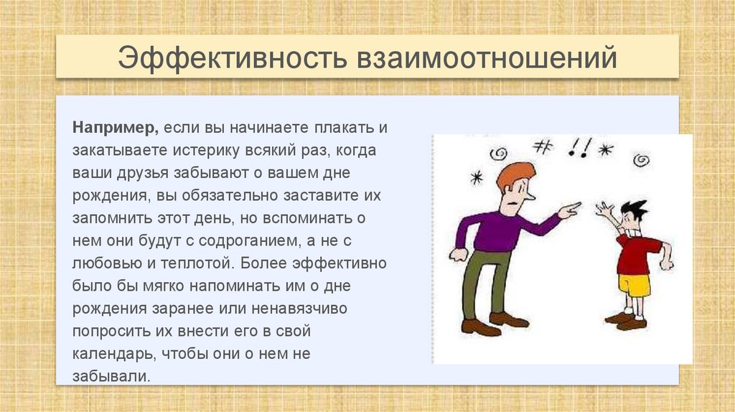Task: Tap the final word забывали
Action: (111, 376)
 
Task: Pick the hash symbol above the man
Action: (543, 146)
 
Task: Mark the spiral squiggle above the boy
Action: (641, 159)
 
